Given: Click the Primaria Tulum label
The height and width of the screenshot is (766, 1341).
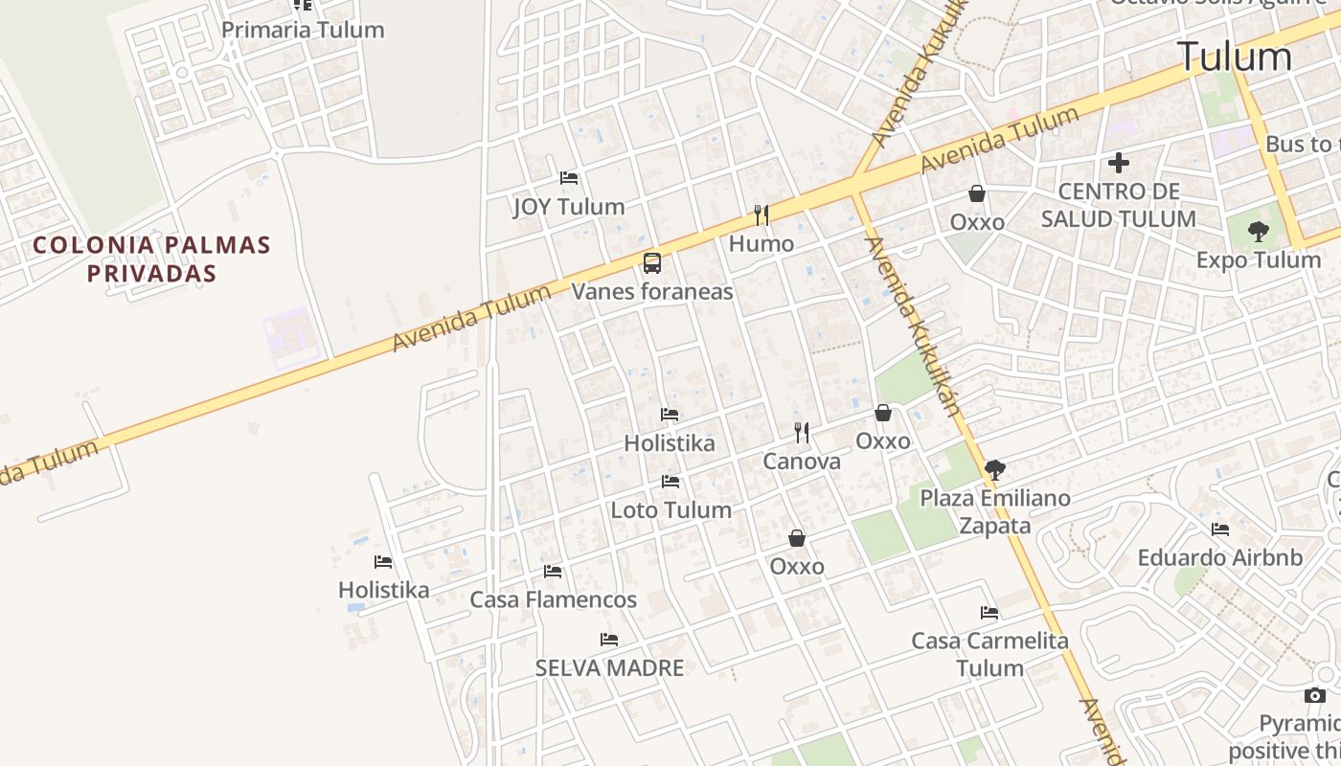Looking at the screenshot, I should (303, 30).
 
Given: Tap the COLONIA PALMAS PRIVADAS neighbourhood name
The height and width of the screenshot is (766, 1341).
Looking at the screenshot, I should (151, 259).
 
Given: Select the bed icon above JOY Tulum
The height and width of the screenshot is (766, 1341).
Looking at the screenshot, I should (569, 178).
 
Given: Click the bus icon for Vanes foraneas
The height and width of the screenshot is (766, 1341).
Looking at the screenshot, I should (652, 262).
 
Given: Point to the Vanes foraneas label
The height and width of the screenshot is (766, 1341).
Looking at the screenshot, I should (652, 291).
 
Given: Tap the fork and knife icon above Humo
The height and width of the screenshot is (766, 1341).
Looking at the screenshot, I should (761, 214).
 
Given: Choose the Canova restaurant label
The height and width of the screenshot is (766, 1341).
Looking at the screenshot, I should (802, 462).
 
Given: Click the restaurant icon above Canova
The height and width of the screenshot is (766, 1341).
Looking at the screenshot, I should (802, 433).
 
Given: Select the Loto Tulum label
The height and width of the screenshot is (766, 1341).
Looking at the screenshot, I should (671, 509).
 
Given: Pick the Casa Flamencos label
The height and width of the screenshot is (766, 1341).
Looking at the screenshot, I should (553, 599).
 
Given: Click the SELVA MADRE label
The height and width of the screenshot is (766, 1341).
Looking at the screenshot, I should (609, 667).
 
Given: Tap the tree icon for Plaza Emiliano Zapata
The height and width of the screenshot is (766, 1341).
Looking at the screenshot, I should (995, 469).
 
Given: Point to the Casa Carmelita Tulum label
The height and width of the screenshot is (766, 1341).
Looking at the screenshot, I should (990, 654).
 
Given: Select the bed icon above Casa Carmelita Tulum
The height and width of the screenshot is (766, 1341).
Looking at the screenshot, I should (989, 613).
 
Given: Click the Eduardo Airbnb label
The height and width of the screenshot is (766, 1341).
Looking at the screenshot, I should (1220, 557).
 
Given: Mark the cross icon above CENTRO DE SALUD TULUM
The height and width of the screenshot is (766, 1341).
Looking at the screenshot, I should (1118, 163).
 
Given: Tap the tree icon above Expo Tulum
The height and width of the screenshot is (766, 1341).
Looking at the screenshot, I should (1259, 231).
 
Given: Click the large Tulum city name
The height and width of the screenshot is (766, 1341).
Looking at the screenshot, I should (1235, 56).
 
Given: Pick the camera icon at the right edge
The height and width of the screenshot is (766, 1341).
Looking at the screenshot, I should (1314, 695).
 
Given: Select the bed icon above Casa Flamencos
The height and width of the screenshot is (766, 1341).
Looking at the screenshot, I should (553, 572).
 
